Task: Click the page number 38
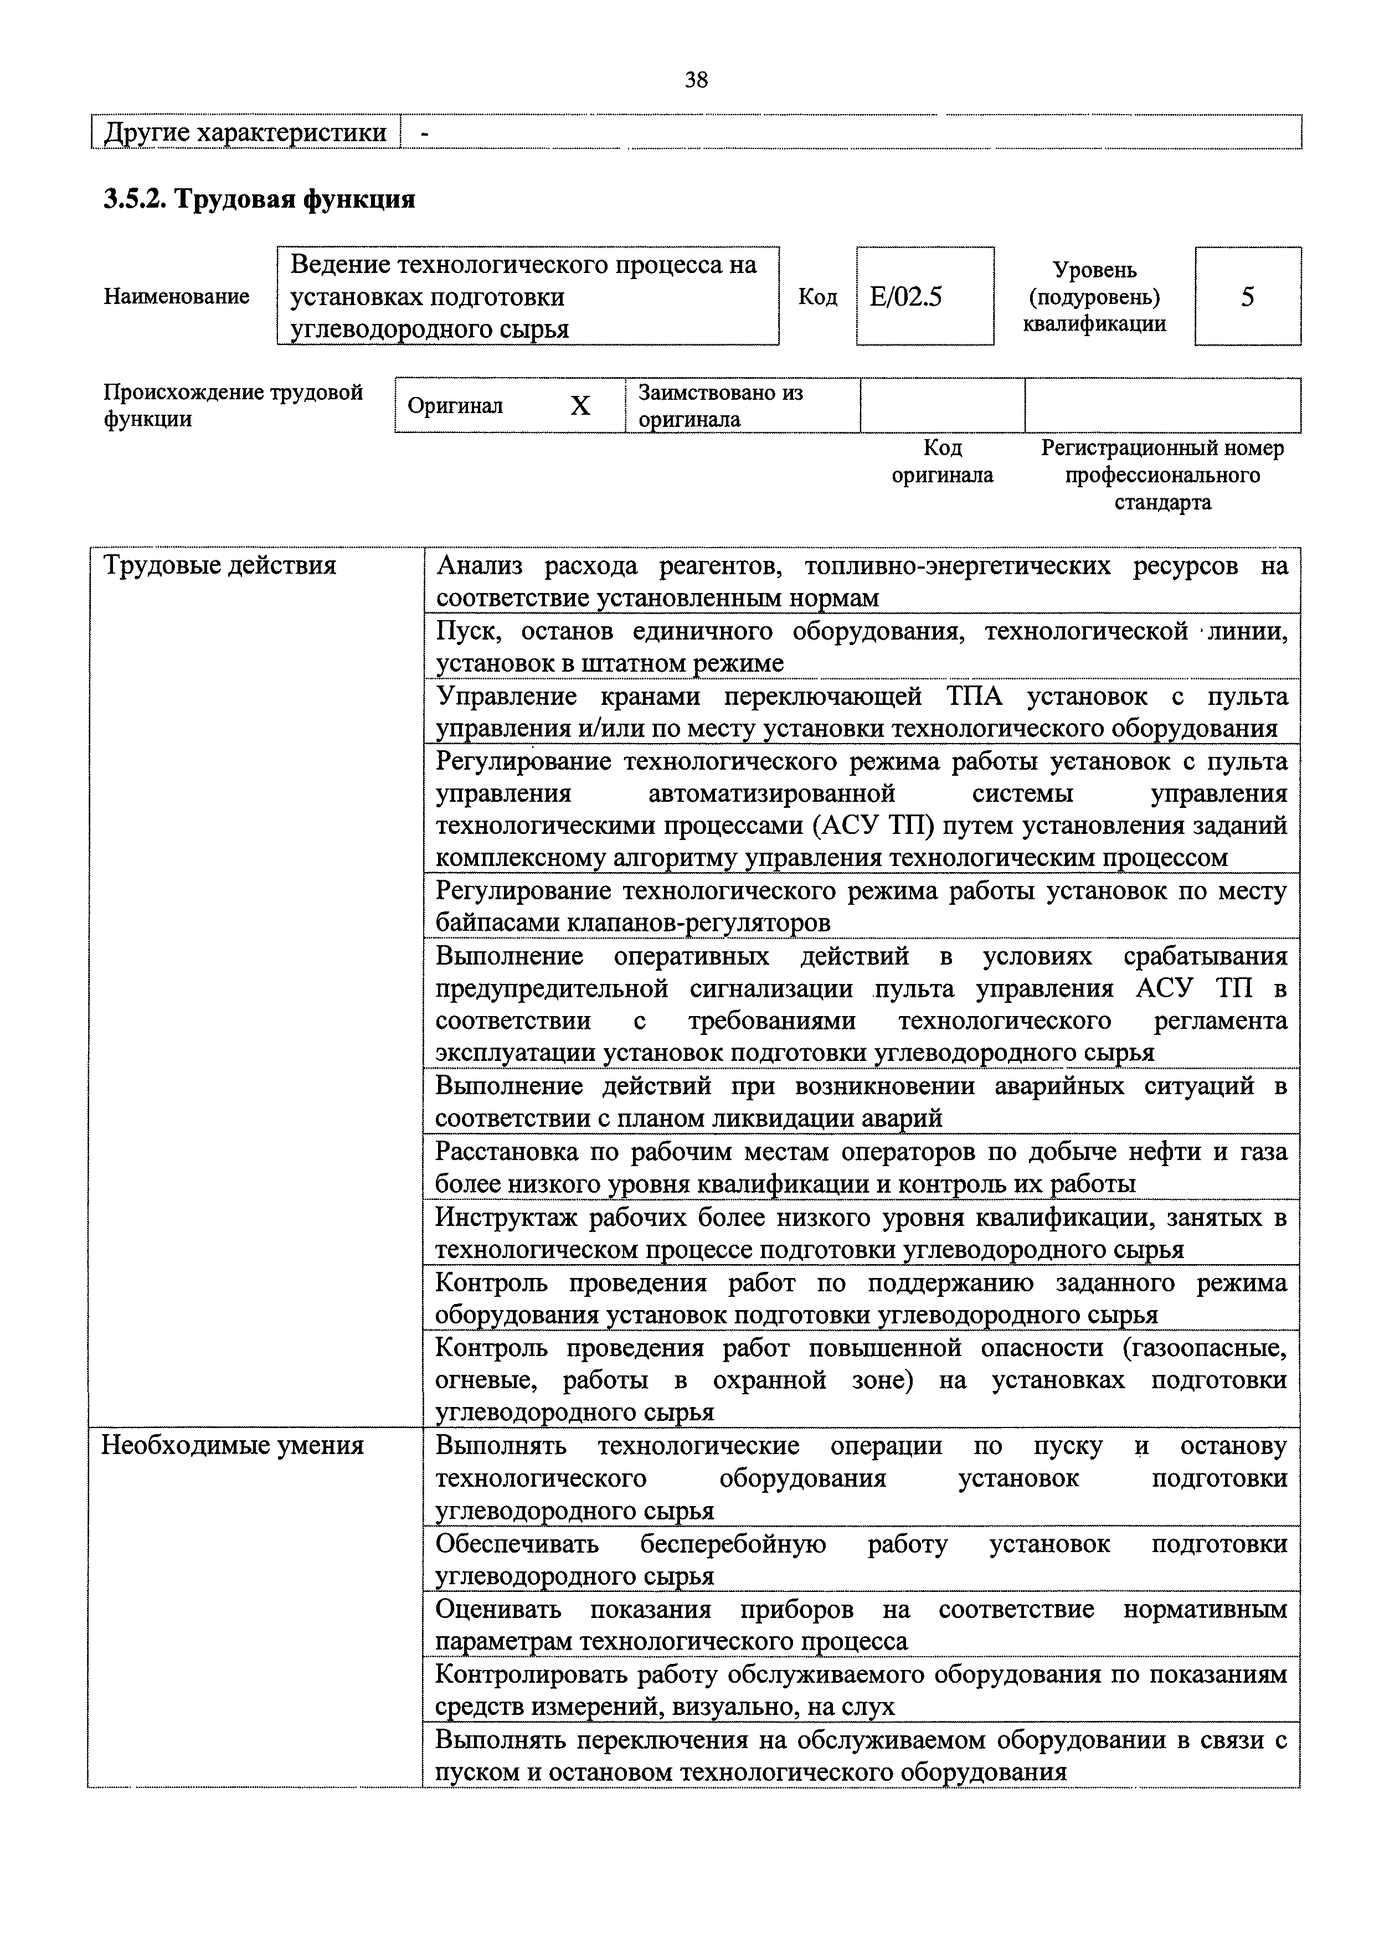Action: pyautogui.click(x=696, y=80)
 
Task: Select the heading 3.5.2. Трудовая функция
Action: pyautogui.click(x=259, y=200)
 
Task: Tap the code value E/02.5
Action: pyautogui.click(x=906, y=297)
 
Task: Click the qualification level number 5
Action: pyautogui.click(x=1247, y=297)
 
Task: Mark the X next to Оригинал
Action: pyautogui.click(x=580, y=407)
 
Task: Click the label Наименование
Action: pyautogui.click(x=176, y=297)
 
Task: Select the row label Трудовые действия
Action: pyautogui.click(x=219, y=566)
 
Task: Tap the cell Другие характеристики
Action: pyautogui.click(x=245, y=133)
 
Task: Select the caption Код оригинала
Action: pyautogui.click(x=942, y=461)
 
